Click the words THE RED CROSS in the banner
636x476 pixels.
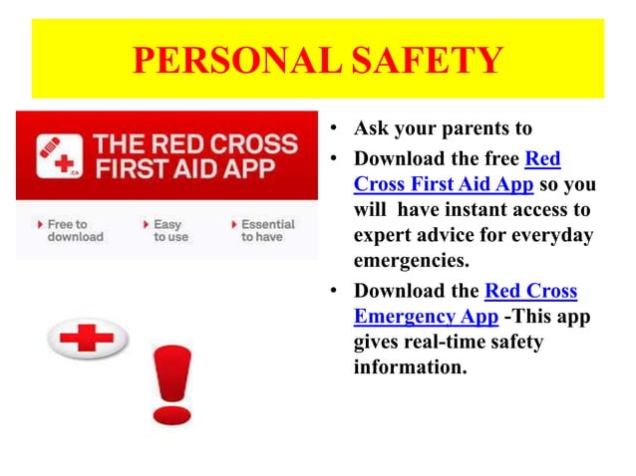(x=195, y=141)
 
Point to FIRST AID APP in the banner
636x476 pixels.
(x=185, y=167)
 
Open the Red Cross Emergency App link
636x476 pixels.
(x=465, y=304)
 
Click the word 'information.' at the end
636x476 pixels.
(x=409, y=367)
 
